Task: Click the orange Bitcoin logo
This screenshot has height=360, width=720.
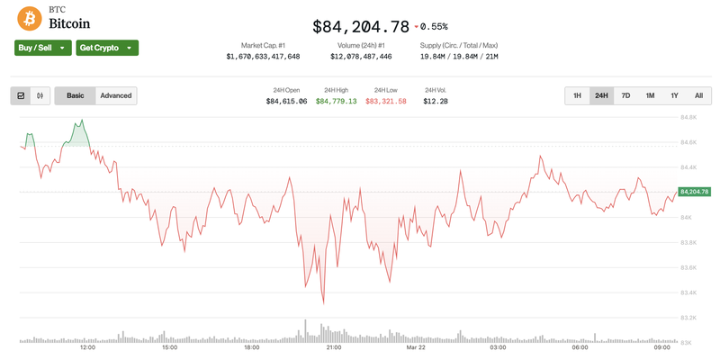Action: [x=30, y=17]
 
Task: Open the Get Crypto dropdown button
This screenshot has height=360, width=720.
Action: [x=107, y=48]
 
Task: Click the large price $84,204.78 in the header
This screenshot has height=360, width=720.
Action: [x=361, y=26]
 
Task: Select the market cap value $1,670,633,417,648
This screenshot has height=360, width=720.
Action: [x=263, y=57]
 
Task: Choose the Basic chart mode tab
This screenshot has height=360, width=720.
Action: [x=76, y=95]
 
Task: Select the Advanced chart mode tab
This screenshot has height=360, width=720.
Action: [x=116, y=95]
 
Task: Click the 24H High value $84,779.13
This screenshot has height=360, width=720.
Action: [x=336, y=102]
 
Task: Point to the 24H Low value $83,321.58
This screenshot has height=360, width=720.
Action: [x=386, y=102]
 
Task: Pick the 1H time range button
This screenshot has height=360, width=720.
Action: [x=577, y=95]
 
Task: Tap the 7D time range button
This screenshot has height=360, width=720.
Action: [x=625, y=95]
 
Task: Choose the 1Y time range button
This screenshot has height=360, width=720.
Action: [x=674, y=95]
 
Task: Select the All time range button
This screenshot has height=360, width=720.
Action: [x=698, y=95]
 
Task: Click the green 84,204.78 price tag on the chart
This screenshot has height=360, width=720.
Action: [x=695, y=192]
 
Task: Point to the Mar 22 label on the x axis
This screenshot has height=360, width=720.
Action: [x=415, y=347]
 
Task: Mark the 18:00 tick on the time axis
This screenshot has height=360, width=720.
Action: [x=252, y=347]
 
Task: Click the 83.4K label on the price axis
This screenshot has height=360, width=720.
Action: [x=690, y=292]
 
